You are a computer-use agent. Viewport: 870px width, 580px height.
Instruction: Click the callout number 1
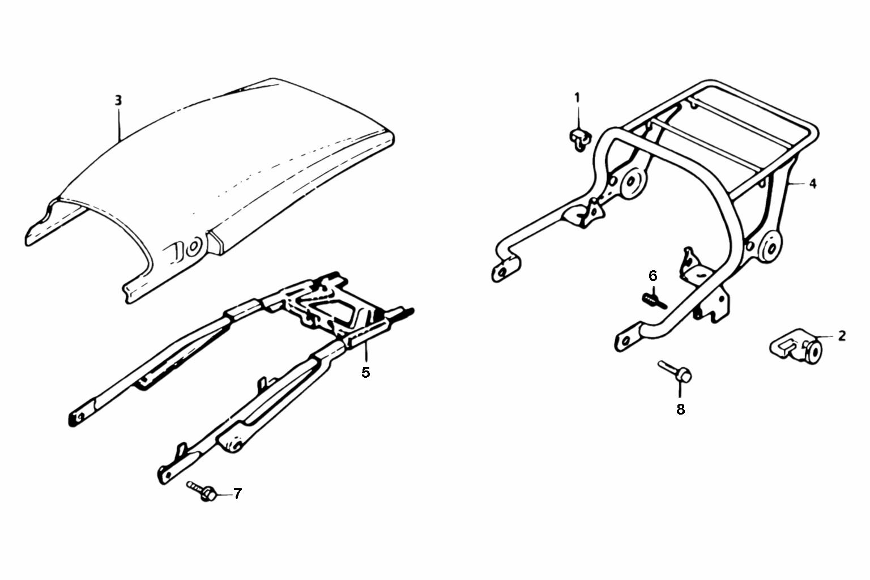coord(577,97)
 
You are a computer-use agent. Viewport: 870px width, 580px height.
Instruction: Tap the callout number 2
coord(842,336)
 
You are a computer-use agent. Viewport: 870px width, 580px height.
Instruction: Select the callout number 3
coord(118,101)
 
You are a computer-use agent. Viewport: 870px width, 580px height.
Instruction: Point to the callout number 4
coord(813,184)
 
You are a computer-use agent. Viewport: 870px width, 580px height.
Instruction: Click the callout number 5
coord(365,373)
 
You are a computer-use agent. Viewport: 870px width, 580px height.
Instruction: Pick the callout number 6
coord(653,276)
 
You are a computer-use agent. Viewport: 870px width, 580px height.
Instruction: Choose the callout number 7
coord(237,494)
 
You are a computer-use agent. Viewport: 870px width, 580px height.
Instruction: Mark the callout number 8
coord(680,409)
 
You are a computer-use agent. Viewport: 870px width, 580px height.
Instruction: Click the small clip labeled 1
coord(580,140)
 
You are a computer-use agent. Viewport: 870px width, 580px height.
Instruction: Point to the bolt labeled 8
coord(675,372)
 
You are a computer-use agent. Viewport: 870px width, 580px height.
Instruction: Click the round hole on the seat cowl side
coord(193,248)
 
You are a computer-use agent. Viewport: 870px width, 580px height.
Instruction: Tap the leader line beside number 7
coord(224,494)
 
